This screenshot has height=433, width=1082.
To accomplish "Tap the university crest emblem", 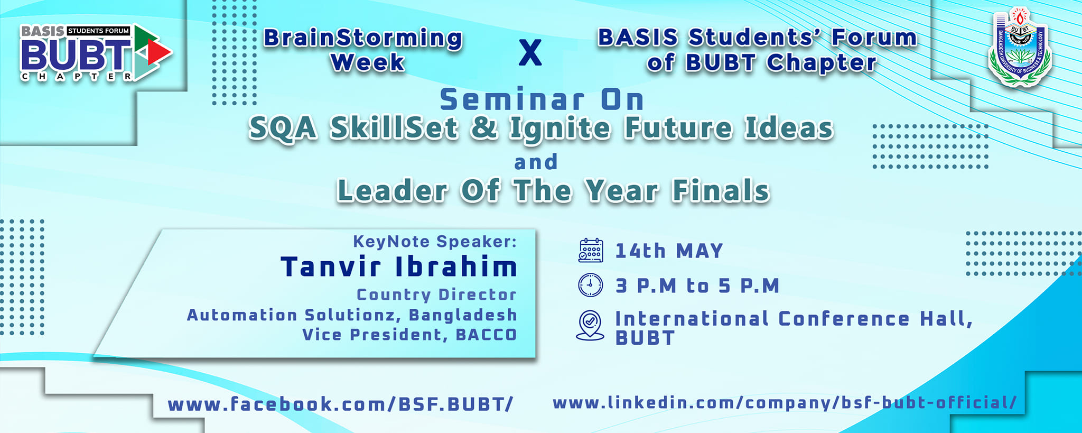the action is tap(1020, 47).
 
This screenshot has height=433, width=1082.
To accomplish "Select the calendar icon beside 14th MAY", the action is tap(591, 251).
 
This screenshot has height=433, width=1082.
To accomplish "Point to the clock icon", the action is tap(591, 285).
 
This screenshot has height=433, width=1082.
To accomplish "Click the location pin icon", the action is tap(590, 325).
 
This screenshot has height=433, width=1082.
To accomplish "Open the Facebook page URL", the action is tap(340, 404).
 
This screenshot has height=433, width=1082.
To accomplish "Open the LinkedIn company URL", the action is tap(785, 403).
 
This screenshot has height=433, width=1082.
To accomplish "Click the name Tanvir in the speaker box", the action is tap(331, 266).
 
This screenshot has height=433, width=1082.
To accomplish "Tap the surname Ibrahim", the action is tap(457, 266).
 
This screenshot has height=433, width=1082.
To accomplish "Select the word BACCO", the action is tap(486, 335).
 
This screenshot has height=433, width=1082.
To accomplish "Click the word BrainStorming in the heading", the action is tap(363, 38).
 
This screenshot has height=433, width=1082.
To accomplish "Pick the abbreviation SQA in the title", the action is tap(283, 129).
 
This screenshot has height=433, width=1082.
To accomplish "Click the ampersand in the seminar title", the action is tap(484, 128).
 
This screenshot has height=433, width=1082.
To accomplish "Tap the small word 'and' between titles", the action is tap(536, 162).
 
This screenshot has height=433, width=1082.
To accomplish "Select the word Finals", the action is tap(721, 191).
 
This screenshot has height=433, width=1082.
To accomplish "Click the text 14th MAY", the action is tap(669, 251).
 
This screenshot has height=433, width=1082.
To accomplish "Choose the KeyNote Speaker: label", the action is tap(435, 242).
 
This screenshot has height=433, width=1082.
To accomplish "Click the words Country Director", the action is tap(437, 294).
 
